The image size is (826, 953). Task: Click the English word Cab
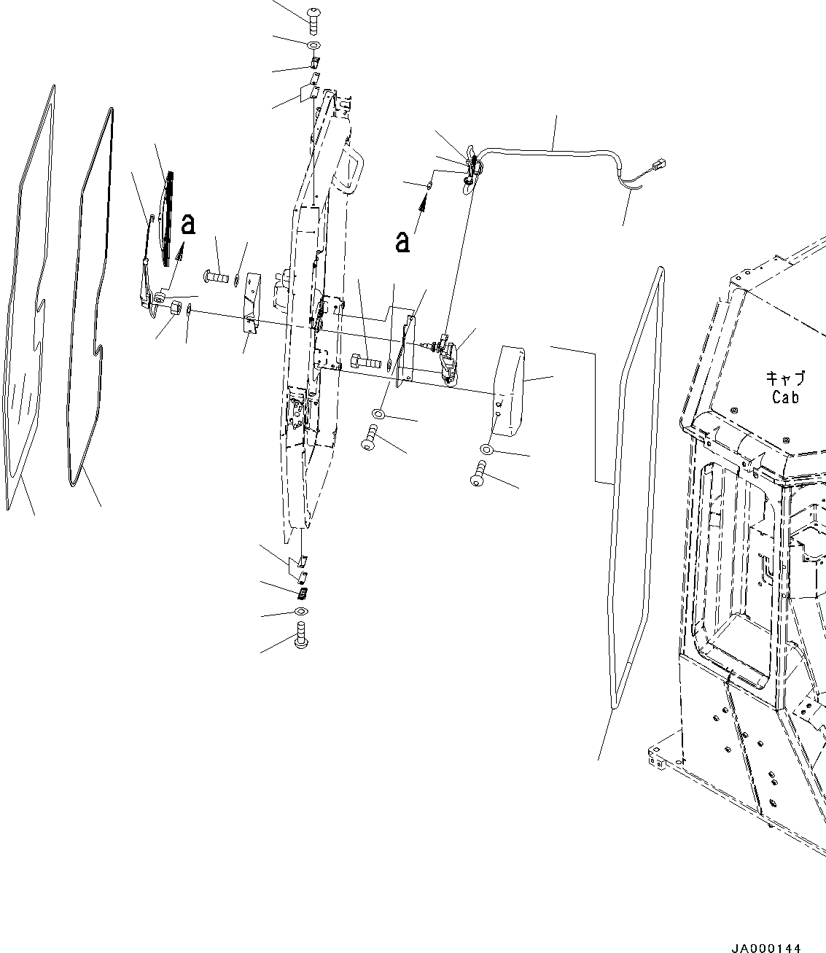[785, 397]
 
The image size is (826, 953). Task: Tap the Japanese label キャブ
[785, 378]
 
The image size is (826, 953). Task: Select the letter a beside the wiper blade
[188, 224]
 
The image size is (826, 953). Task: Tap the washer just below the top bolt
[313, 47]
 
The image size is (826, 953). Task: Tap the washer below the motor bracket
[379, 414]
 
